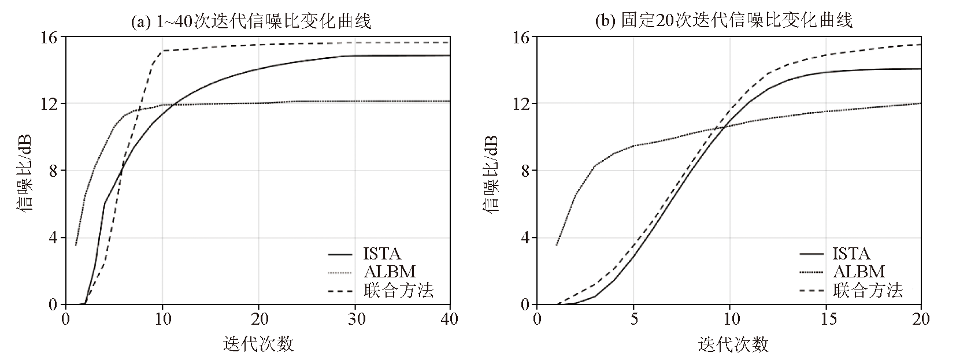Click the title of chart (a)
pyautogui.click(x=251, y=22)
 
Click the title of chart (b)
pyautogui.click(x=724, y=21)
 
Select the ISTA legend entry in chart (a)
pyautogui.click(x=382, y=254)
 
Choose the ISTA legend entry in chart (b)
pyautogui.click(x=851, y=254)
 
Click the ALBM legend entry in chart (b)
pyautogui.click(x=859, y=271)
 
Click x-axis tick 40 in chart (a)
pyautogui.click(x=450, y=318)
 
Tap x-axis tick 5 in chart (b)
pyautogui.click(x=633, y=318)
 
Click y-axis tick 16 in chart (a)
pyautogui.click(x=51, y=37)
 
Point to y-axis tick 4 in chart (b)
pyautogui.click(x=524, y=237)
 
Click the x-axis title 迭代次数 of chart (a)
pyautogui.click(x=258, y=344)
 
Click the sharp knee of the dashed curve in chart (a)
pyautogui.click(x=162, y=51)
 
